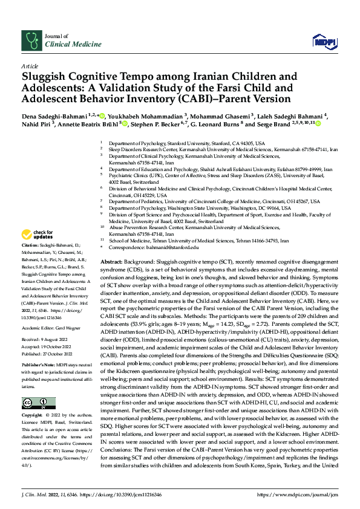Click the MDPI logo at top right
pos(322,41)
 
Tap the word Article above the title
pos(28,66)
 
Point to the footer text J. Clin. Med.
pos(34,494)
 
